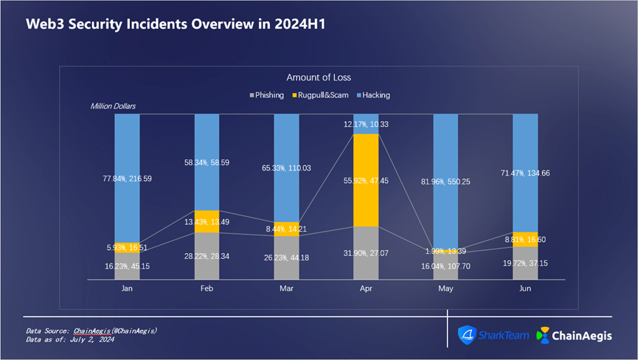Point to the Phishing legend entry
coord(267,95)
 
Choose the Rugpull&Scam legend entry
coord(322,95)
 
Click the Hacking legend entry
coord(373,95)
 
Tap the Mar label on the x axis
coord(286,290)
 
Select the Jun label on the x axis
coord(524,290)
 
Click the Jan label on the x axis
coord(127,290)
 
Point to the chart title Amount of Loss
coord(319,77)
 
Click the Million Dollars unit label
coord(113,107)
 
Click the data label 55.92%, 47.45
coord(366,180)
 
